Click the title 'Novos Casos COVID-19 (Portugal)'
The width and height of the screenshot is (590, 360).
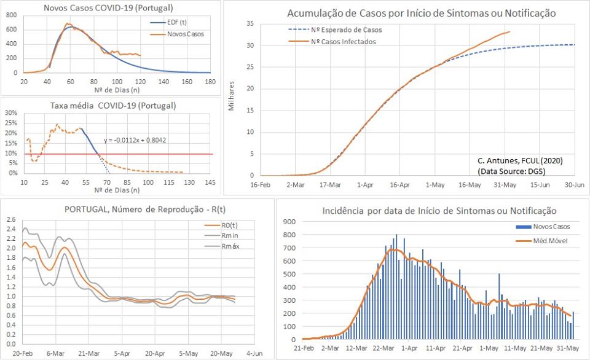(108, 8)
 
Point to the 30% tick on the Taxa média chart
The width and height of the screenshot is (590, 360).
(10, 113)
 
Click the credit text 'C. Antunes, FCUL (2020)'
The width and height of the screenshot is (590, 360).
(520, 160)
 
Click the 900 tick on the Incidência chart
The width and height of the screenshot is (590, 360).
(288, 222)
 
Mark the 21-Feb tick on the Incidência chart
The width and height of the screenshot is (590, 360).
(304, 348)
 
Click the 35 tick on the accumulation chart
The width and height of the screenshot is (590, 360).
(250, 23)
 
